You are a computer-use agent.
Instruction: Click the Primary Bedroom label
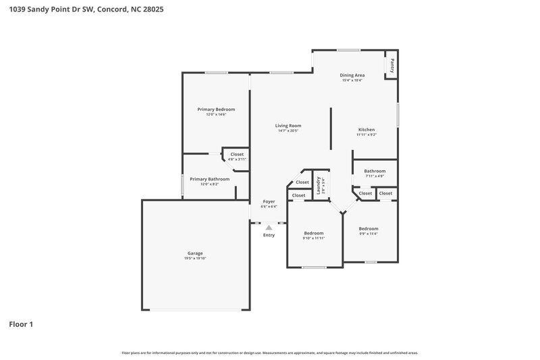216,109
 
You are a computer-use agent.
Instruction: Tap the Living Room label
288,126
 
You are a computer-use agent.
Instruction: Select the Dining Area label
352,75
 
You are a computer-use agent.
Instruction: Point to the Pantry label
391,66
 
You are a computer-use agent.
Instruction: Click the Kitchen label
367,130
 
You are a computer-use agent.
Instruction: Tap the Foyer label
269,202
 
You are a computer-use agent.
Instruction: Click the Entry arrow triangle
269,228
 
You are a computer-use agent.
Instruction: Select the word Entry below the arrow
269,235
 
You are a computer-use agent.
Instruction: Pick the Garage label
195,253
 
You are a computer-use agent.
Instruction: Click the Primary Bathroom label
209,179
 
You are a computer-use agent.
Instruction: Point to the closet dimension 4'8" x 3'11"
237,159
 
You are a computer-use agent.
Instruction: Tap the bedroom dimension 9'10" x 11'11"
314,238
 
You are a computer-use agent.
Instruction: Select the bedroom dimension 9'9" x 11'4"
369,234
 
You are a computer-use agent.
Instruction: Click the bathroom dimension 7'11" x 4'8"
375,176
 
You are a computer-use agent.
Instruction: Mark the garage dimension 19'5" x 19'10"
195,259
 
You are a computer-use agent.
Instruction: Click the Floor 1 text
21,324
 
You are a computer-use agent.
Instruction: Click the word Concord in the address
111,10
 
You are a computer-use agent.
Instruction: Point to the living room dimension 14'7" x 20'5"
288,131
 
